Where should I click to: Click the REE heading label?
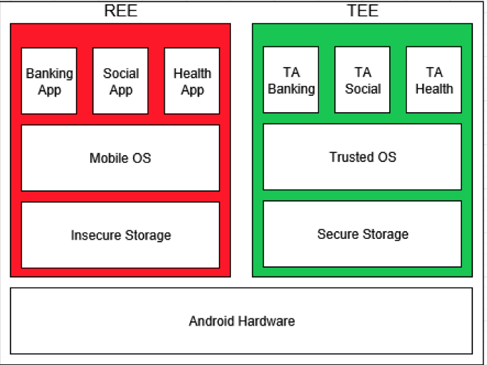(121, 11)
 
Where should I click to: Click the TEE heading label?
(362, 11)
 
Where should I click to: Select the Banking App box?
(49, 81)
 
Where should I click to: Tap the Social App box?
(121, 81)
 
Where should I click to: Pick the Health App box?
(192, 81)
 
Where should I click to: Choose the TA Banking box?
(291, 80)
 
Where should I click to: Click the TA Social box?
(362, 80)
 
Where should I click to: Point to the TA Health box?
(434, 80)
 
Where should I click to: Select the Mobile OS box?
(120, 158)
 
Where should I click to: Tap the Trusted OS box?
(362, 157)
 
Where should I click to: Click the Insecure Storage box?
(120, 235)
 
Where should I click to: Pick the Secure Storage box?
(362, 235)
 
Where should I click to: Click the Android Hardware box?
(241, 321)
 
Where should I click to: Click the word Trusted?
(350, 157)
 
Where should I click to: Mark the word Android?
(212, 321)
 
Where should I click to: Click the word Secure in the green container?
(338, 235)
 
